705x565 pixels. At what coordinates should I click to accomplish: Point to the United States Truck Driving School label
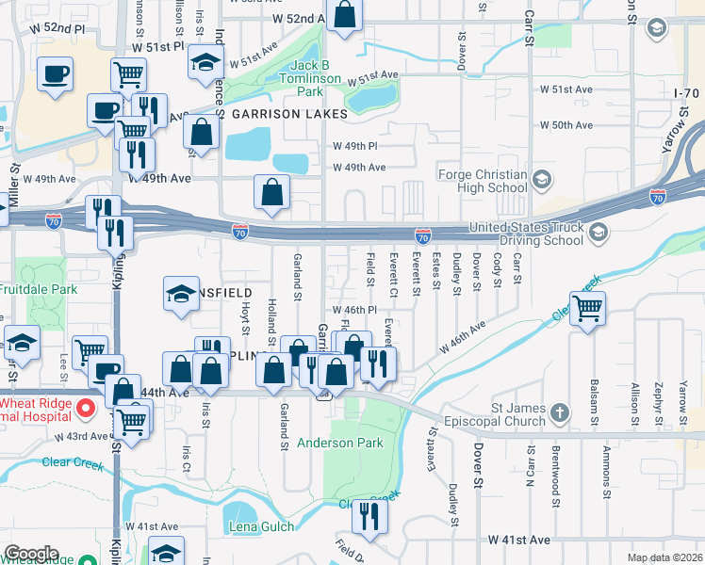pos(526,234)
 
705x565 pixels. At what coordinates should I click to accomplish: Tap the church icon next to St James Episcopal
pos(560,413)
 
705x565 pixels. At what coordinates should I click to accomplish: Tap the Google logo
pos(31,554)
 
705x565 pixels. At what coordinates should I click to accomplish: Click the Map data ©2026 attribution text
pos(664,557)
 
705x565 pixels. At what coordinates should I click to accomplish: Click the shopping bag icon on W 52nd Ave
pos(345,15)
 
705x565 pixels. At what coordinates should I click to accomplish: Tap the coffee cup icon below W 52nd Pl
pos(56,73)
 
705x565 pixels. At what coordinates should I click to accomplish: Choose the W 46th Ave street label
pos(462,337)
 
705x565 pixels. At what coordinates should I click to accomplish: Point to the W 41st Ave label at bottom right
pos(518,541)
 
